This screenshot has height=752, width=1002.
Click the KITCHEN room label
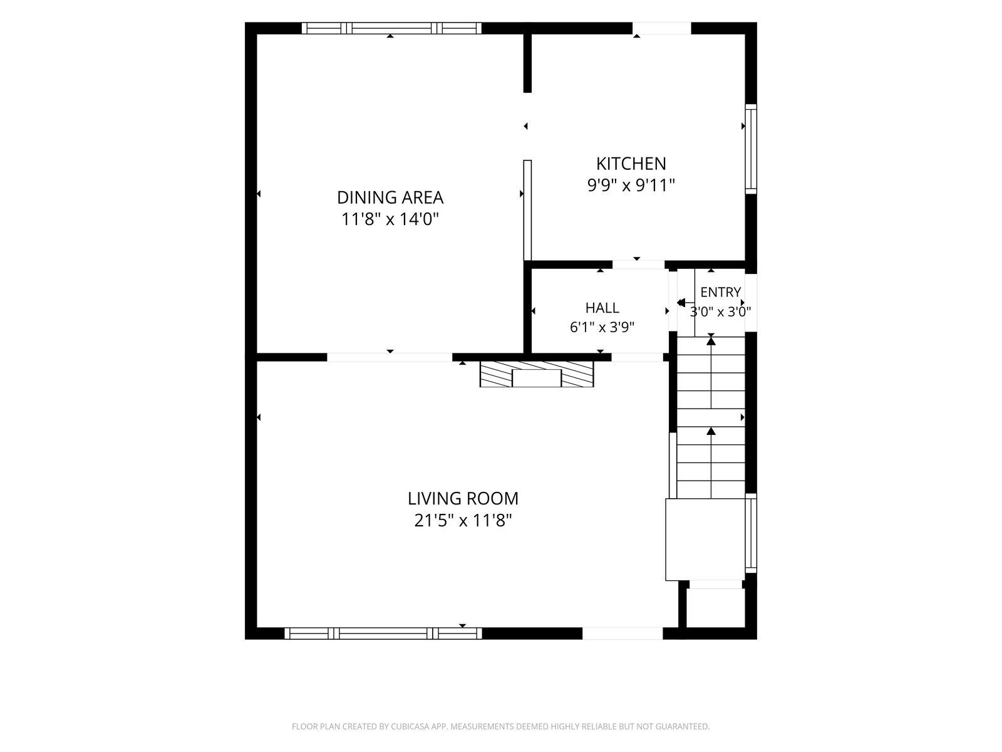(631, 164)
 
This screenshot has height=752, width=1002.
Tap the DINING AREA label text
(390, 197)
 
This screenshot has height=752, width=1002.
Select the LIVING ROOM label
(463, 499)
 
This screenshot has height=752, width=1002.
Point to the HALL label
(602, 308)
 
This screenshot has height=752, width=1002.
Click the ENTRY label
(720, 292)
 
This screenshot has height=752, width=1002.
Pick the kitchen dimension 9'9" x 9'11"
(631, 185)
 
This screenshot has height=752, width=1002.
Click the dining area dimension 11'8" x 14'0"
(390, 219)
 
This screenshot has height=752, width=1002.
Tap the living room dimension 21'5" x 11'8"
(463, 521)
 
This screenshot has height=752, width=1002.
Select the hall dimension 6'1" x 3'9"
(602, 327)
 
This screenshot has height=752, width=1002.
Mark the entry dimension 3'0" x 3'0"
(720, 312)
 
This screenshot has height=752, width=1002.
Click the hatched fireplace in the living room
(536, 374)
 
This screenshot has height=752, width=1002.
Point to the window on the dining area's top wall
(391, 28)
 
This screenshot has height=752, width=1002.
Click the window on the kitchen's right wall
(751, 149)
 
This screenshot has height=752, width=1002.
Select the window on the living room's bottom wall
(383, 634)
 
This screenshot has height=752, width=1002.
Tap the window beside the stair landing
(751, 533)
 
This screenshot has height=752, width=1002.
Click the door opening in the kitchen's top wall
(661, 28)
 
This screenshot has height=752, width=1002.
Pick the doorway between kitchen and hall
(638, 265)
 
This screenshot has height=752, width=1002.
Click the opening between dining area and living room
(390, 357)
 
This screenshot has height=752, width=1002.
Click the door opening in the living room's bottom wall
(622, 634)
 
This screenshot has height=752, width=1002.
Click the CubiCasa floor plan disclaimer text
(501, 726)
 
